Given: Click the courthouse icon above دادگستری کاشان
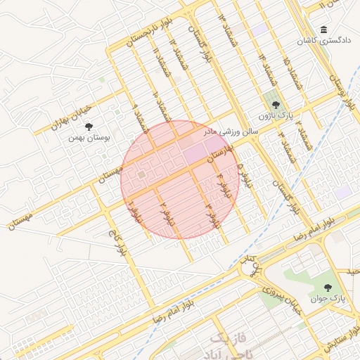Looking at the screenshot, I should tap(323, 30).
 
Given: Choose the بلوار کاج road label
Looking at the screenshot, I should tap(117, 240).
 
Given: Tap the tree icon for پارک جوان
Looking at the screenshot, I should tap(328, 287).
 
